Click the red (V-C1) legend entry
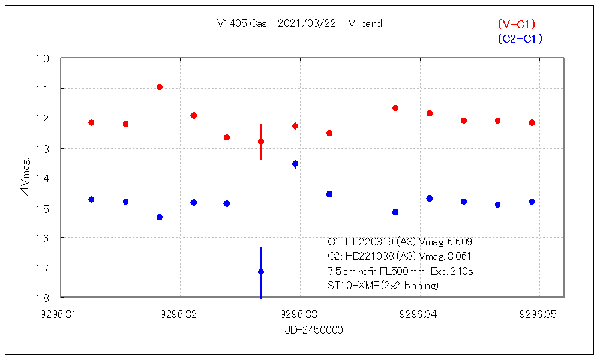pyautogui.click(x=516, y=25)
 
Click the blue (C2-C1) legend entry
pyautogui.click(x=520, y=39)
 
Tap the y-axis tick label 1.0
pyautogui.click(x=42, y=59)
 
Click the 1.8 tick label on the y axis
pyautogui.click(x=42, y=298)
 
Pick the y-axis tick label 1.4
pyautogui.click(x=42, y=178)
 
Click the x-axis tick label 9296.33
pyautogui.click(x=299, y=314)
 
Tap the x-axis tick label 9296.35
pyautogui.click(x=539, y=314)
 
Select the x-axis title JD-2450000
pyautogui.click(x=314, y=331)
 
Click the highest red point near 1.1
pyautogui.click(x=160, y=87)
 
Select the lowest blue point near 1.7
pyautogui.click(x=261, y=272)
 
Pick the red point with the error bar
pyautogui.click(x=261, y=142)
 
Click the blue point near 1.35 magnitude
pyautogui.click(x=295, y=164)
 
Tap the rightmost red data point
pyautogui.click(x=532, y=123)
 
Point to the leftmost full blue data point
pyautogui.click(x=92, y=199)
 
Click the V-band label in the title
pyautogui.click(x=365, y=24)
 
